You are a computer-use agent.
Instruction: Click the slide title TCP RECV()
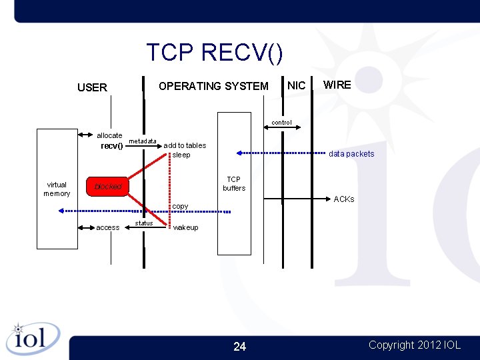(x=214, y=52)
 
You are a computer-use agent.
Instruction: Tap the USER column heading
(x=92, y=87)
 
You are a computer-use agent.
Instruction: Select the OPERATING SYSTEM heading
(x=213, y=86)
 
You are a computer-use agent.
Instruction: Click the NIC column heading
(x=296, y=85)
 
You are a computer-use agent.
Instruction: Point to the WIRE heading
(x=337, y=85)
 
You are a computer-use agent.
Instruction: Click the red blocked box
(x=107, y=187)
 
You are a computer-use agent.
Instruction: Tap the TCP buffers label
(x=234, y=183)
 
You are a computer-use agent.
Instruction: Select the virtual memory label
(x=57, y=189)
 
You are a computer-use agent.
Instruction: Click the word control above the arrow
(x=281, y=123)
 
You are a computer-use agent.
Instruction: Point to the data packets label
(x=351, y=154)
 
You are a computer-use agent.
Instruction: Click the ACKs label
(x=343, y=199)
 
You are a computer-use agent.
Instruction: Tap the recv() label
(x=111, y=146)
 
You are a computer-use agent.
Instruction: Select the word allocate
(x=109, y=135)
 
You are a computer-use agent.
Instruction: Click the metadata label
(x=142, y=141)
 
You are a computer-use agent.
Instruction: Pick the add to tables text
(x=185, y=145)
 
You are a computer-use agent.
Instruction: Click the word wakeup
(x=185, y=227)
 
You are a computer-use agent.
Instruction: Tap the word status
(x=144, y=223)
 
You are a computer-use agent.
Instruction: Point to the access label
(x=108, y=227)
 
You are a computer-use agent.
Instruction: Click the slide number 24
(x=239, y=346)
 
